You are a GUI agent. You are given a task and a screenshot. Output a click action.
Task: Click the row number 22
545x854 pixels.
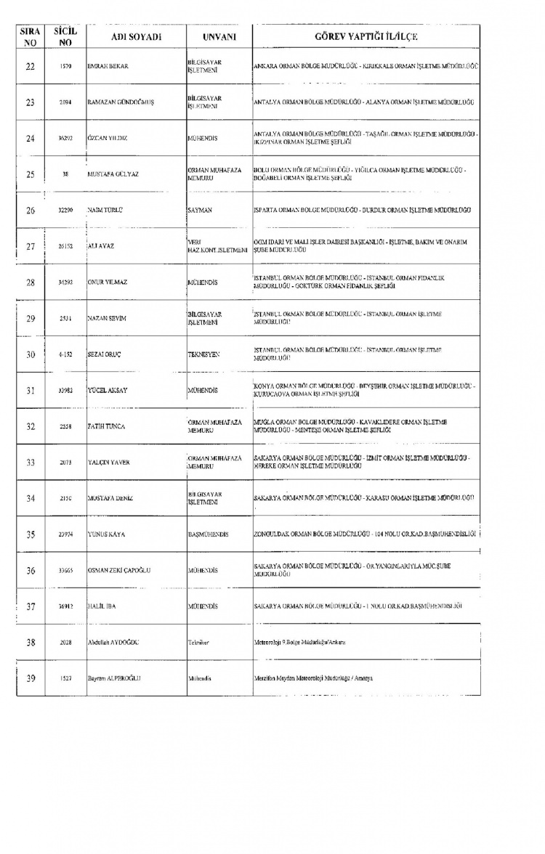pyautogui.click(x=31, y=67)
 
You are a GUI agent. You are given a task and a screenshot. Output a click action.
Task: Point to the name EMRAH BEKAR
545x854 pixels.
pyautogui.click(x=108, y=67)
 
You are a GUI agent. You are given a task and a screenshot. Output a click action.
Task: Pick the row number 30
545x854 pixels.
pyautogui.click(x=31, y=354)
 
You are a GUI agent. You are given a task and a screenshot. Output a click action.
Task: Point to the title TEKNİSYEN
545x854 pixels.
pyautogui.click(x=203, y=354)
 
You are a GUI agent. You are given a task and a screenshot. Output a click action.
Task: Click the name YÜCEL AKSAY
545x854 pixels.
pyautogui.click(x=108, y=390)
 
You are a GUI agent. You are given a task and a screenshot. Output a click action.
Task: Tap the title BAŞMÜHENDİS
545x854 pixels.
pyautogui.click(x=209, y=534)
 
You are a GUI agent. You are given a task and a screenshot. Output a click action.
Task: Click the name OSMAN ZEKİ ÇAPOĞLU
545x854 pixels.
pyautogui.click(x=118, y=570)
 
